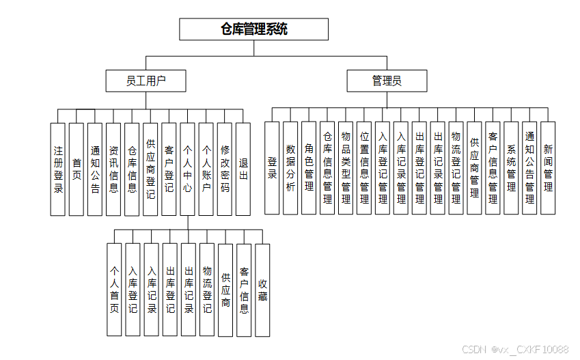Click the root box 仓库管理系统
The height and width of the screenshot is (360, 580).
[x=253, y=29]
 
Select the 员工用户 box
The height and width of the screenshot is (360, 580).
[x=146, y=81]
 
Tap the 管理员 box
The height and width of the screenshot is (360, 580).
[x=387, y=81]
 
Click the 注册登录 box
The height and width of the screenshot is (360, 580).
[x=58, y=169]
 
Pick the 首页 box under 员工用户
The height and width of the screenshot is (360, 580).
[x=77, y=169]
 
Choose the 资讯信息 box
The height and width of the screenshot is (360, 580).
[x=113, y=169]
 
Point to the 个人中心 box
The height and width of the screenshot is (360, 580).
[x=187, y=169]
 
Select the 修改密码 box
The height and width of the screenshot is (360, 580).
[x=225, y=169]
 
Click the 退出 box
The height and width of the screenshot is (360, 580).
[x=243, y=169]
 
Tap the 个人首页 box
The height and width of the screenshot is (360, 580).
[x=115, y=290]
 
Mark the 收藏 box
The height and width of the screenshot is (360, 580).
[x=262, y=290]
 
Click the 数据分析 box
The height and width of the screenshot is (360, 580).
[x=290, y=167]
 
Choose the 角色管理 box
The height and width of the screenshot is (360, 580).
[x=309, y=167]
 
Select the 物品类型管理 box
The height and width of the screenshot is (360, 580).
[x=346, y=167]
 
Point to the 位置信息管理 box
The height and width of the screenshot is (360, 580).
[x=364, y=167]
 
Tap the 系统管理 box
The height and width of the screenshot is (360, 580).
[x=511, y=167]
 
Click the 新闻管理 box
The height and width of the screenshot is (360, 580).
[x=548, y=167]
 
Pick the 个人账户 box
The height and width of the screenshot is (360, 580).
[x=206, y=169]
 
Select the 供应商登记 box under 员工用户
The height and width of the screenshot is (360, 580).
[x=150, y=169]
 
